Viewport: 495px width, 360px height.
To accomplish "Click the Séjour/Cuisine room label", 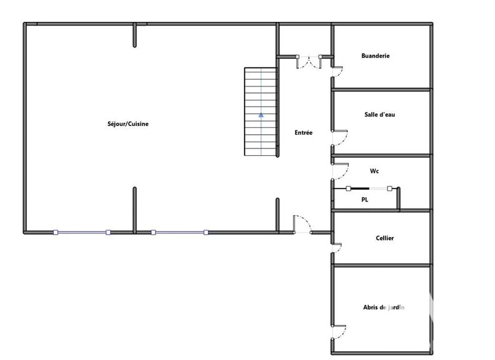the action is pyautogui.click(x=128, y=124).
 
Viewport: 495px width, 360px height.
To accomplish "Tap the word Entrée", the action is pyautogui.click(x=303, y=132).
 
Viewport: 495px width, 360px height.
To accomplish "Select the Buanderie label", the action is pyautogui.click(x=375, y=56).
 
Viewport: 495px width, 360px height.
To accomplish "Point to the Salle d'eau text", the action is pyautogui.click(x=380, y=115).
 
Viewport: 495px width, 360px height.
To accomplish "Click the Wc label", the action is pyautogui.click(x=374, y=171).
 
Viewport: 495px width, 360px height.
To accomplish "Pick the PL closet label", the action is pyautogui.click(x=365, y=200).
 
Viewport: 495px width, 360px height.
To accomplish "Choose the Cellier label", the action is pyautogui.click(x=385, y=238).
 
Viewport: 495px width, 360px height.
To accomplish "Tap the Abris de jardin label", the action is pyautogui.click(x=383, y=308).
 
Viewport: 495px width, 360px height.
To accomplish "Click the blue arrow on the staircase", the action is pyautogui.click(x=261, y=115).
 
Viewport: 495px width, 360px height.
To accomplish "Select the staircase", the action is pyautogui.click(x=261, y=112).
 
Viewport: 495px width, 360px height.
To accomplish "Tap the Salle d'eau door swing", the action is pyautogui.click(x=340, y=138).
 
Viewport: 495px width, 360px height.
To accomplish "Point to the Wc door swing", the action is pyautogui.click(x=341, y=172).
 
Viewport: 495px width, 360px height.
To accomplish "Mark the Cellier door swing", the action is pyautogui.click(x=337, y=248).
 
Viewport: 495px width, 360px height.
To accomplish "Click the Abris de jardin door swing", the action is pyautogui.click(x=340, y=332).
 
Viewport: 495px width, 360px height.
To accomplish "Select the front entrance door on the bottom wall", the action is pyautogui.click(x=302, y=224).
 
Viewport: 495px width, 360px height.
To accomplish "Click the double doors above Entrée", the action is pyautogui.click(x=309, y=62).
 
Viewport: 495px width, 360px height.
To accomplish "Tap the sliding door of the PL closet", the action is pyautogui.click(x=369, y=188).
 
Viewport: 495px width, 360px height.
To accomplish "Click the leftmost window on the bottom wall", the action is pyautogui.click(x=82, y=233).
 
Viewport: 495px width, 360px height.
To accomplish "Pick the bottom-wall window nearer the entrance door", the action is pyautogui.click(x=180, y=233).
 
